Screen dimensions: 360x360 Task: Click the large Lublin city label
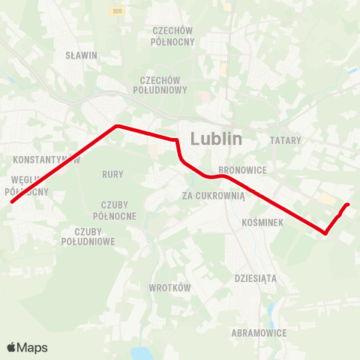(217, 139)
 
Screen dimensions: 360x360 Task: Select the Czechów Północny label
(174, 36)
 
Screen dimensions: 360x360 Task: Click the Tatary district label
(285, 140)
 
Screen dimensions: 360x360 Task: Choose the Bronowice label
(238, 170)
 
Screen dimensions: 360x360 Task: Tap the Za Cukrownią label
(214, 196)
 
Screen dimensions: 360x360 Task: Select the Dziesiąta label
(256, 277)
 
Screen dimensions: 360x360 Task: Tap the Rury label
(112, 174)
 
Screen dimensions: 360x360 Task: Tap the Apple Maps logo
(27, 347)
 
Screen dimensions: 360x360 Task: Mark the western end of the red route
(11, 202)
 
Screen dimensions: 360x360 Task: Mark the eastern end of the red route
(348, 204)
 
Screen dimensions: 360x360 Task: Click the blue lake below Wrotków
(141, 353)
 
